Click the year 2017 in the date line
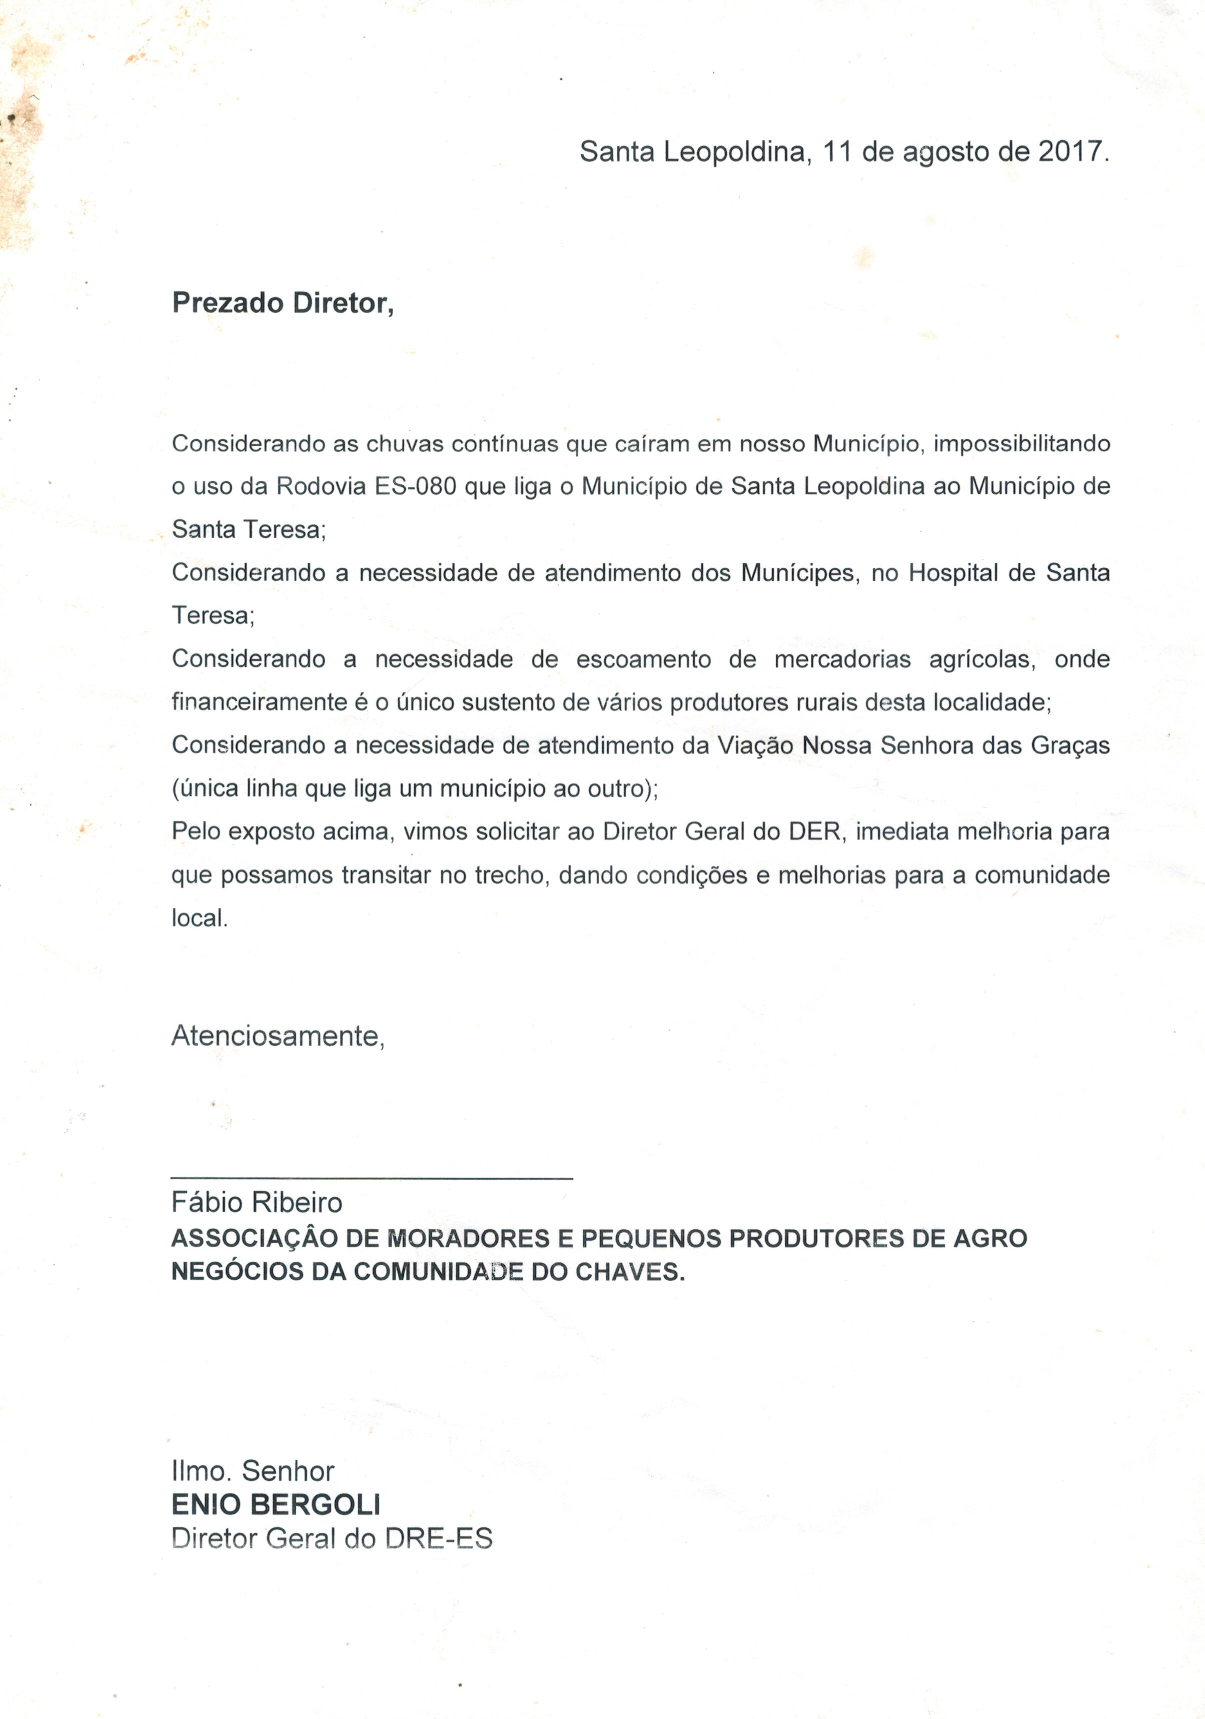click(x=1070, y=152)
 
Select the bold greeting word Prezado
click(x=228, y=303)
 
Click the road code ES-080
click(x=415, y=487)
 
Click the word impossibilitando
click(x=1021, y=444)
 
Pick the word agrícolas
click(x=983, y=659)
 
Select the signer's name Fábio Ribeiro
click(x=257, y=1202)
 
